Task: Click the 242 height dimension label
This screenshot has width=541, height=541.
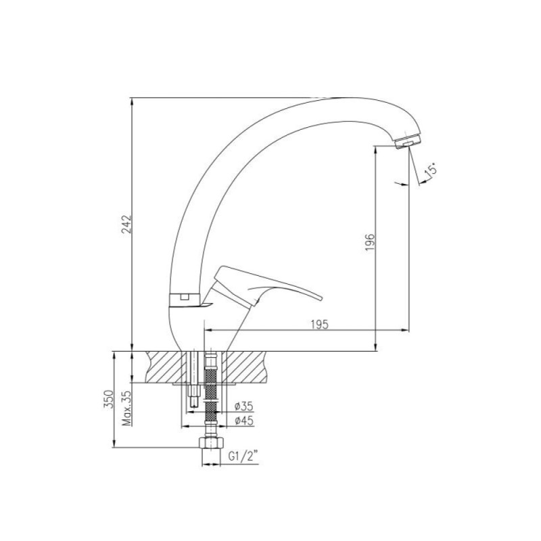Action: click(x=127, y=225)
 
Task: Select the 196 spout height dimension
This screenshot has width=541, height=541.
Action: click(x=370, y=242)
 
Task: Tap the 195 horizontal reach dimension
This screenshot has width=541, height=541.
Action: click(x=319, y=325)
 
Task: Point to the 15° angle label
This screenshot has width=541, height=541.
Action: click(x=431, y=172)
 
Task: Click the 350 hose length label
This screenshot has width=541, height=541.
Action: click(x=108, y=399)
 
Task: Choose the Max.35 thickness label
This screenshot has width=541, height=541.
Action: click(x=127, y=408)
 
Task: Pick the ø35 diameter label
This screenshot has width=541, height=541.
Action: click(x=244, y=406)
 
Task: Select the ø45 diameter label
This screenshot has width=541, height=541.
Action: click(x=244, y=421)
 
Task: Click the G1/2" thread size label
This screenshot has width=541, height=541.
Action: click(x=243, y=456)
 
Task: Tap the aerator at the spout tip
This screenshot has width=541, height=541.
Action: click(x=408, y=141)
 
